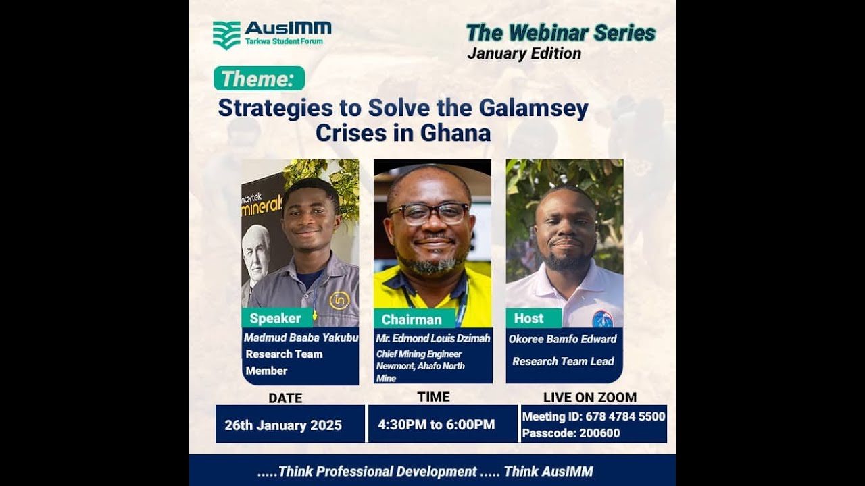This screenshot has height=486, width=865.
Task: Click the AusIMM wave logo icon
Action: click(226, 35)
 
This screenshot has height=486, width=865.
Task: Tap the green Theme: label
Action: click(259, 79)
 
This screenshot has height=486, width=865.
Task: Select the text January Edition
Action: click(524, 54)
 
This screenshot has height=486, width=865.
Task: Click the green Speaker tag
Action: click(275, 318)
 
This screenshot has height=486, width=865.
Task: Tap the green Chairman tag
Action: click(411, 319)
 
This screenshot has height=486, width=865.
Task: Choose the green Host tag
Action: click(528, 318)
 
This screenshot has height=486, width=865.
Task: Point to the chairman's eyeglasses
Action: click(429, 213)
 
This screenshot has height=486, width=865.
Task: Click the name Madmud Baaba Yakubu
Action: click(301, 337)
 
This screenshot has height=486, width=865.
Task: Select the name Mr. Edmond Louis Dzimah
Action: click(433, 338)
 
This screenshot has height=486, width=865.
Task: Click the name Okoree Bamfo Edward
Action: click(562, 339)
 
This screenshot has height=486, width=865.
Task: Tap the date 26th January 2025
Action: click(283, 425)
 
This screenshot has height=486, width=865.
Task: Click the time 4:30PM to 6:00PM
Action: click(436, 425)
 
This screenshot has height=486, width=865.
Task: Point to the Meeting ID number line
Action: click(593, 416)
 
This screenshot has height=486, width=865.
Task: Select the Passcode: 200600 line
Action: click(570, 433)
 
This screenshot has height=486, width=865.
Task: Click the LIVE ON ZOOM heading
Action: click(589, 398)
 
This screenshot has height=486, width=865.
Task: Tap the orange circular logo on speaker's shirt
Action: click(339, 300)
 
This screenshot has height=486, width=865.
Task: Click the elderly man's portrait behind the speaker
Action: click(256, 252)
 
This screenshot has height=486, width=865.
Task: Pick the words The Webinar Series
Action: click(560, 32)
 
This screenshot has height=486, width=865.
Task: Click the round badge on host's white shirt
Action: click(602, 319)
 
